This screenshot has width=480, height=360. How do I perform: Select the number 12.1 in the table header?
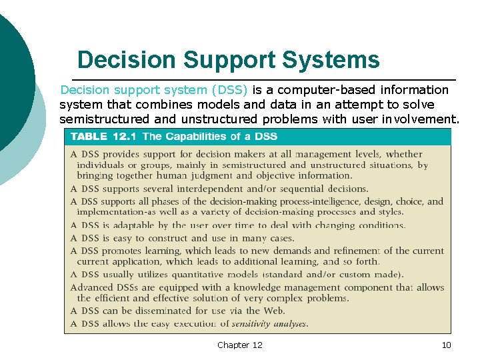tap(126, 137)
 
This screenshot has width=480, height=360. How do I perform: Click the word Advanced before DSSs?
tap(91, 287)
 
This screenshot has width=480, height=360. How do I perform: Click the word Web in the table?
tap(275, 311)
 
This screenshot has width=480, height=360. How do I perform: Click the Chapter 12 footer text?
tap(240, 345)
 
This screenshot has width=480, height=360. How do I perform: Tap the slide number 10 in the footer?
tap(447, 345)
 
